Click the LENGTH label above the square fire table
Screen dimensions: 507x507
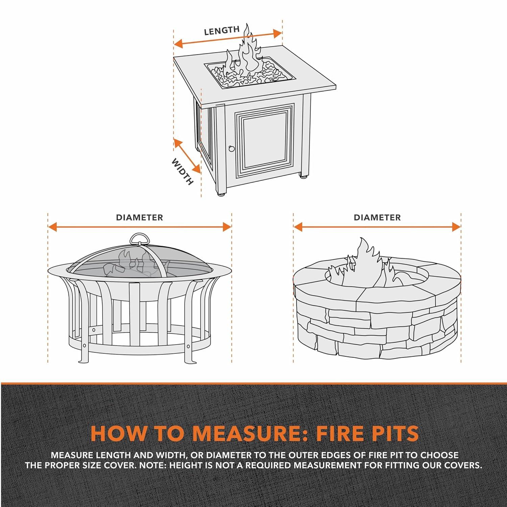[221, 31]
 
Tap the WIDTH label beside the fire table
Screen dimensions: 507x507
[183, 172]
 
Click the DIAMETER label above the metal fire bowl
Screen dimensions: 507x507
[139, 218]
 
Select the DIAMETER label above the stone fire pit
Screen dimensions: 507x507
[377, 218]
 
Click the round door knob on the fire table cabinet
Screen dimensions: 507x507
[232, 148]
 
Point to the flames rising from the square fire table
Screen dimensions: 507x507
[245, 54]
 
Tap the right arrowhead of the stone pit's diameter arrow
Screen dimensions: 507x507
[457, 227]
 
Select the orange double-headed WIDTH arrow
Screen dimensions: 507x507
[187, 156]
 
